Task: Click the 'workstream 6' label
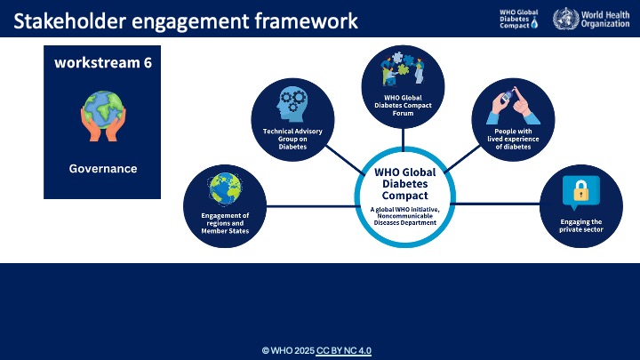click(102, 63)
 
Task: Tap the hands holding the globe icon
click(102, 117)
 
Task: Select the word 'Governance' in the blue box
click(102, 168)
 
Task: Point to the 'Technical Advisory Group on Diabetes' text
click(292, 138)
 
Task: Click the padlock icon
click(580, 190)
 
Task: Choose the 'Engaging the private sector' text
click(580, 226)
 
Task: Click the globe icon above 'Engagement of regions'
click(224, 188)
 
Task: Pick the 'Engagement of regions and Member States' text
click(224, 223)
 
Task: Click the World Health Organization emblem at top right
click(564, 19)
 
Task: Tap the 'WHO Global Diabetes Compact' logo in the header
click(520, 19)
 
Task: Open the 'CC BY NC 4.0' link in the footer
click(343, 350)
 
